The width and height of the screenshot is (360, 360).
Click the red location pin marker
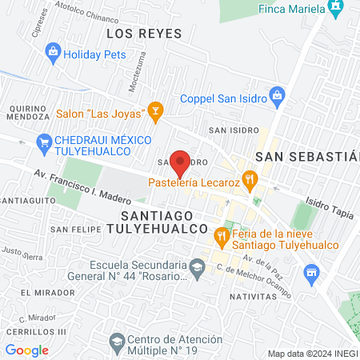tap(181, 162)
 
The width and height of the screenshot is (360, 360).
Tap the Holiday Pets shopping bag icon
tap(53, 51)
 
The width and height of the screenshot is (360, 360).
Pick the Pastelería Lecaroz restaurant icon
tap(250, 180)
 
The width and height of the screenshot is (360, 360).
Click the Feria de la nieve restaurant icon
tap(220, 236)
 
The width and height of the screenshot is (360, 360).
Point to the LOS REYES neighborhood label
tap(144, 34)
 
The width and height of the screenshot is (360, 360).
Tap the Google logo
tap(26, 350)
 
